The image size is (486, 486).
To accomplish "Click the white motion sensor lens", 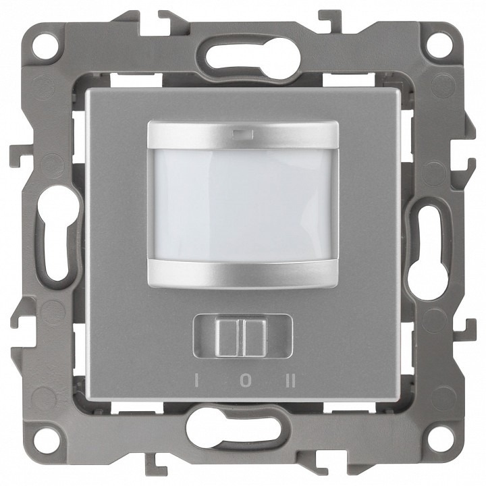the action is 243,205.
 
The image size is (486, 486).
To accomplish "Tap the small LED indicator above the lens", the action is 243,134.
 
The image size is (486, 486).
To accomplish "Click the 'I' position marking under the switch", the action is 196,381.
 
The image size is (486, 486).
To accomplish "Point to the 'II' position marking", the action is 292,381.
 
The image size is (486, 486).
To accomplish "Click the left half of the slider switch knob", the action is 228,338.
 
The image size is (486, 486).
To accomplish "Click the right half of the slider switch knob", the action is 255,338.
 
